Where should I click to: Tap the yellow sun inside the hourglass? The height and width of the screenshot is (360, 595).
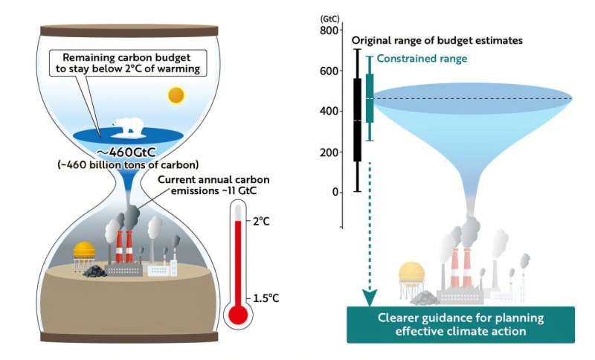coord(176,95)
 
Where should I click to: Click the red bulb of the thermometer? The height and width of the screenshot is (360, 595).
coord(238,315)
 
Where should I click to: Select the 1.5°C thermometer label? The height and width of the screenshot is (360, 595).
coord(267,298)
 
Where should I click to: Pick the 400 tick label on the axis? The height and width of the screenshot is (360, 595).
coord(329,112)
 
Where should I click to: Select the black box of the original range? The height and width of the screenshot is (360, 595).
coord(358,119)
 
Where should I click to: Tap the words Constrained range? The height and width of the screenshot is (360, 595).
coord(422,59)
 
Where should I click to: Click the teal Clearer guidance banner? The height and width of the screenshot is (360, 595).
coord(460,324)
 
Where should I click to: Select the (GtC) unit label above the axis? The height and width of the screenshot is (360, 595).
coord(329,17)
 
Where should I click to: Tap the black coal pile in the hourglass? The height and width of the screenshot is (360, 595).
coord(94,271)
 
